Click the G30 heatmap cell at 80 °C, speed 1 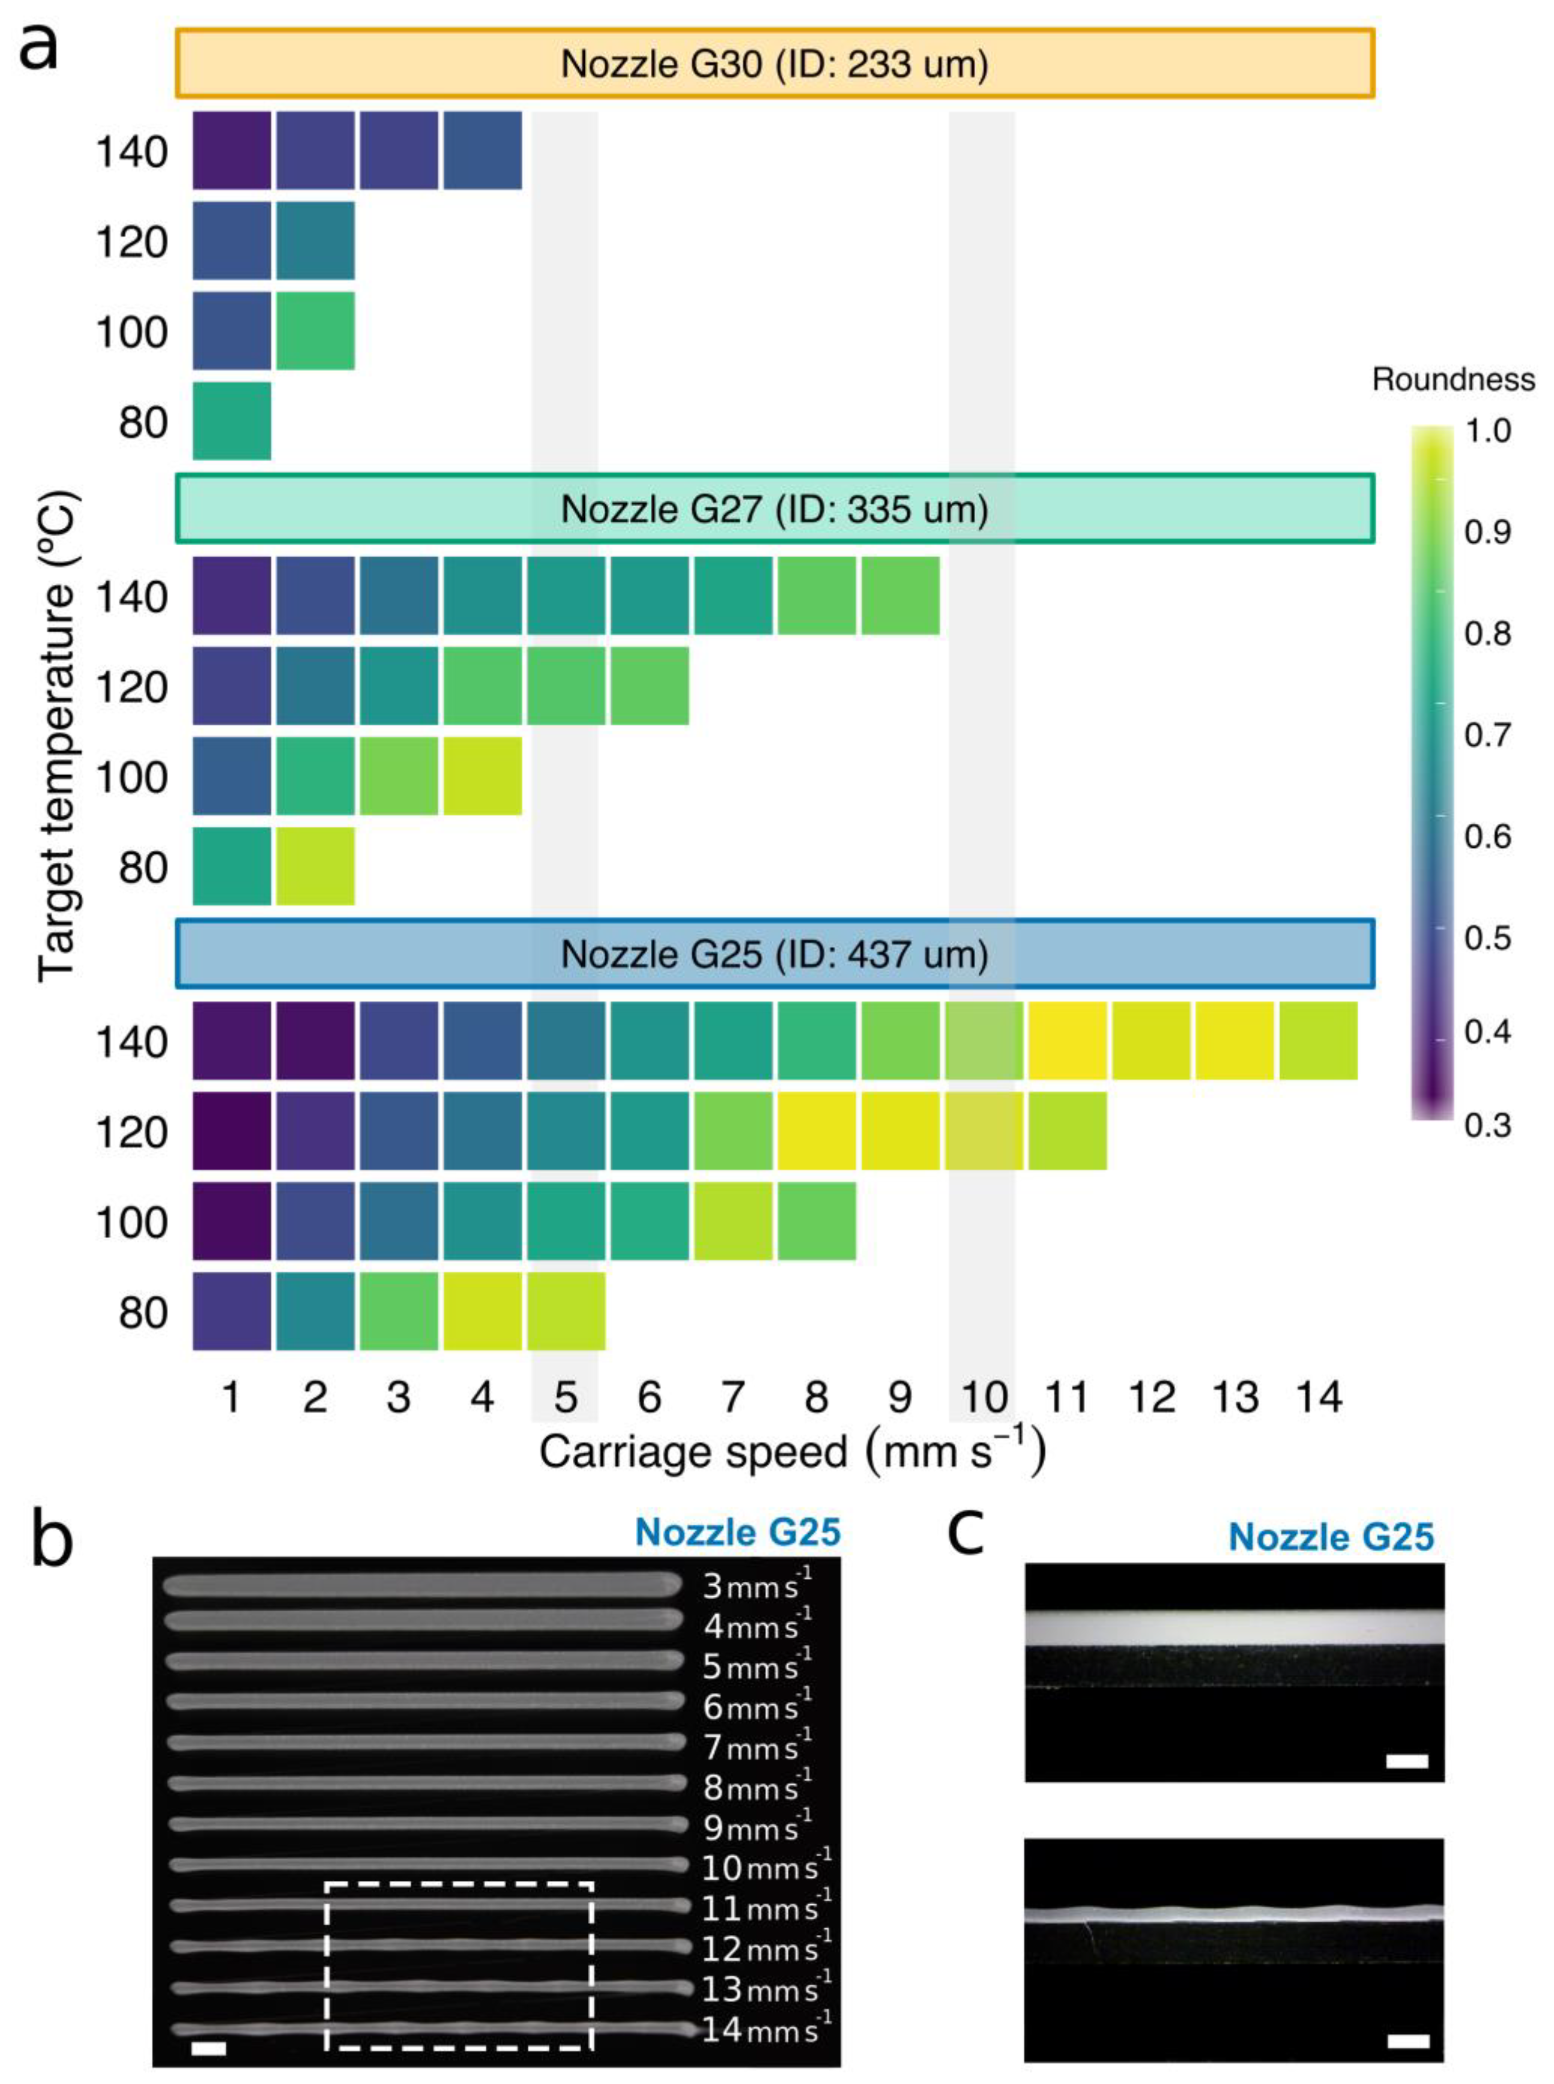pyautogui.click(x=231, y=421)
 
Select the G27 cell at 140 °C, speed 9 pyautogui.click(x=900, y=595)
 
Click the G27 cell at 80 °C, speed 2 pyautogui.click(x=315, y=866)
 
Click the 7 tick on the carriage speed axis pyautogui.click(x=733, y=1398)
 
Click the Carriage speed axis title pyautogui.click(x=792, y=1452)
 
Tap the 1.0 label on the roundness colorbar pyautogui.click(x=1487, y=432)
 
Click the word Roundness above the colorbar pyautogui.click(x=1452, y=380)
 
